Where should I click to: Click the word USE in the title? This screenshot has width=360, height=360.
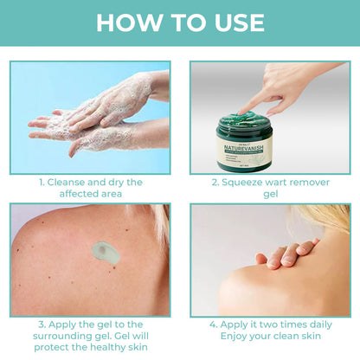click(x=235, y=22)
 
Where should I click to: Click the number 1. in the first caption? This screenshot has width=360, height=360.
click(x=41, y=183)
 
